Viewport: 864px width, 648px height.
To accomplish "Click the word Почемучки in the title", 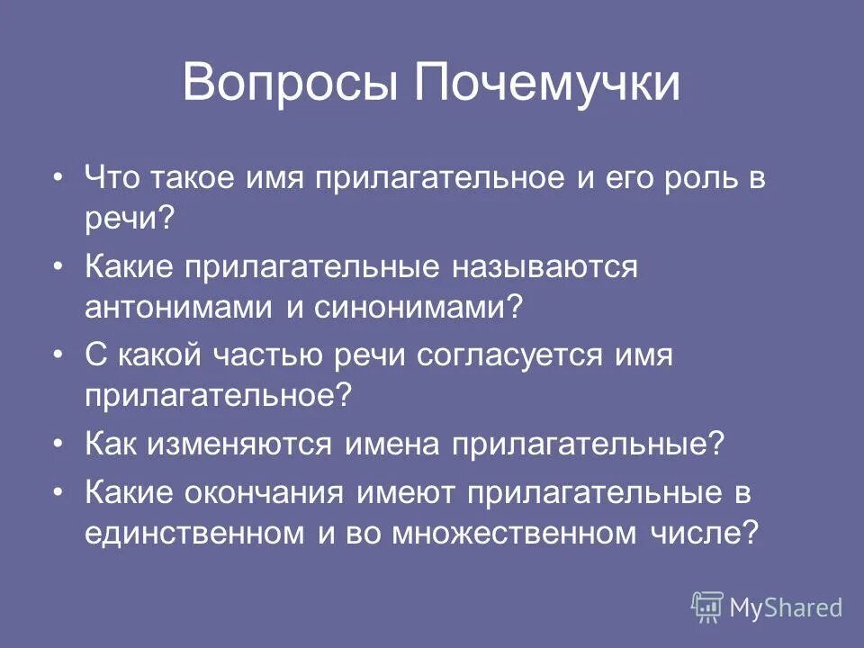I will (x=547, y=84).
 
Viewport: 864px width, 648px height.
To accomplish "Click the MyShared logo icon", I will (x=707, y=607).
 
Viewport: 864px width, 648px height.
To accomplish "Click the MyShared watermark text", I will (x=786, y=608).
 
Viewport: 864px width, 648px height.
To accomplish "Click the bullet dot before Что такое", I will (x=59, y=177).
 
